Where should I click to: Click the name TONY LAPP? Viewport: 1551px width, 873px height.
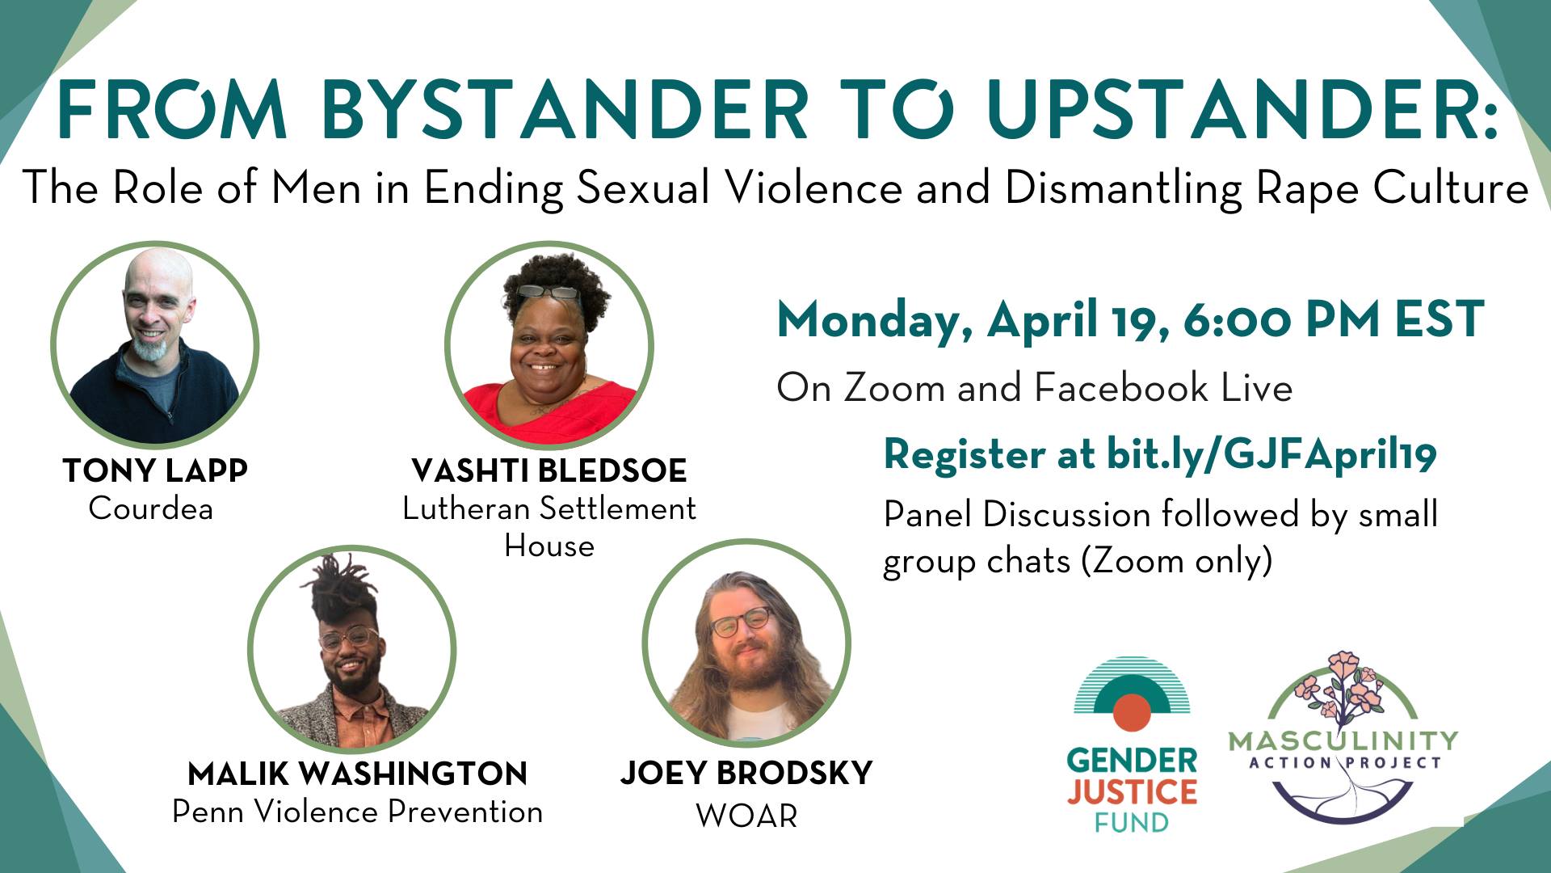click(155, 470)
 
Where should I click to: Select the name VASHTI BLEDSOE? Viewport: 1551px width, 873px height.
click(549, 470)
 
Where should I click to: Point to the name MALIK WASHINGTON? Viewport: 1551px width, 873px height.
click(358, 774)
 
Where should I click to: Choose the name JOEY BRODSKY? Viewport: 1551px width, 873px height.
click(746, 773)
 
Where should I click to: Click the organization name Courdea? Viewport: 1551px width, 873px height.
click(151, 508)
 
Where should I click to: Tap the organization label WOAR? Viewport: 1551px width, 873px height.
click(746, 816)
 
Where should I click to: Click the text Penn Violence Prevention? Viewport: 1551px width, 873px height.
click(358, 812)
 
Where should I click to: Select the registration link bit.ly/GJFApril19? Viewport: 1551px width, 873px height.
click(1271, 455)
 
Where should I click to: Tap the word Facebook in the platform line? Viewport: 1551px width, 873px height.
click(1120, 388)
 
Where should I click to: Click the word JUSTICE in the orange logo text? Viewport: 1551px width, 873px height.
click(1132, 792)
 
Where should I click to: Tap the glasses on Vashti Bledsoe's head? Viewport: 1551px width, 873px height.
click(549, 292)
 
